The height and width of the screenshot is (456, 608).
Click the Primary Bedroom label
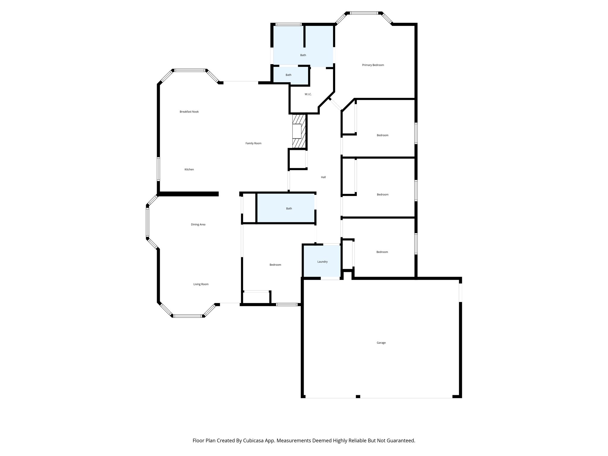point(373,65)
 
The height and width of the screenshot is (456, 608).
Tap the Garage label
point(381,343)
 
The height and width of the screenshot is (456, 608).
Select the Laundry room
point(322,262)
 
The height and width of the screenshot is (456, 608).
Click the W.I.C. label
point(308,94)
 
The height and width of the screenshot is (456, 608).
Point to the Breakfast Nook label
point(189,112)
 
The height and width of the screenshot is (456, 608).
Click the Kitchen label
point(189,170)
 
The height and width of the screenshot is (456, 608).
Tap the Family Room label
point(253,143)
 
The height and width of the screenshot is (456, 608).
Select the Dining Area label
point(198,224)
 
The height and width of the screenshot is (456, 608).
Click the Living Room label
point(201,284)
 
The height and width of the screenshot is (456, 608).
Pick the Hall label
point(323,177)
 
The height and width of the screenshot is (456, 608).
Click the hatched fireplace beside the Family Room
point(299,131)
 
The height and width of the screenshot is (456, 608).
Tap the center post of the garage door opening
point(358,396)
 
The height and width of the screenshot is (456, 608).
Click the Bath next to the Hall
point(289,208)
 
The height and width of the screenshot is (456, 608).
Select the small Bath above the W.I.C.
point(288,75)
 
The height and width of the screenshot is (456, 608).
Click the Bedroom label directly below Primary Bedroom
point(382,135)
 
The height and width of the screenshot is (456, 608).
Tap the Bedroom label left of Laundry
point(275,265)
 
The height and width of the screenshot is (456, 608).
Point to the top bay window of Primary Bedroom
point(364,13)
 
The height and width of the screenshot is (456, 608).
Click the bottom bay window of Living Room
point(188,316)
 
